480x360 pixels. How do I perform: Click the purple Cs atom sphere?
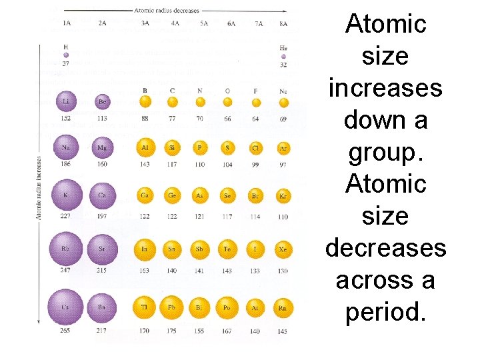coord(66,307)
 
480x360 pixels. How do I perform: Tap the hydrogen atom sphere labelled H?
coord(65,55)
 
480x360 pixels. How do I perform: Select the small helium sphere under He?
coord(283,57)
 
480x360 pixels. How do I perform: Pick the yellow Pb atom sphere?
coord(172,307)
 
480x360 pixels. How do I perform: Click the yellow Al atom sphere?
coord(145,147)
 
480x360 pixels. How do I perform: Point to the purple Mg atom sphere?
coord(103,147)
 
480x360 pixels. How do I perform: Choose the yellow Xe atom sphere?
coord(283,250)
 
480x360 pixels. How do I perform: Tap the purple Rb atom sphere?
coord(66,249)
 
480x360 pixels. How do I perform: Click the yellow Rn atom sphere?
coord(283,307)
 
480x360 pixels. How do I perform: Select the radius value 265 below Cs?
coord(65,330)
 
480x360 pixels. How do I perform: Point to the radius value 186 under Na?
coord(65,163)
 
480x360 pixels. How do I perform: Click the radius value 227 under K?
coord(65,215)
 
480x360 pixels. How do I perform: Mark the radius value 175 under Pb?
coord(172,330)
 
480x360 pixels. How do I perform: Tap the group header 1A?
coord(67,23)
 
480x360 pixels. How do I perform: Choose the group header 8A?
coord(283,23)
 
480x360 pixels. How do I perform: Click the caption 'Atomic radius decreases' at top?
coord(167,11)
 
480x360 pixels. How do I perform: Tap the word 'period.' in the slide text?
coord(385,311)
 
